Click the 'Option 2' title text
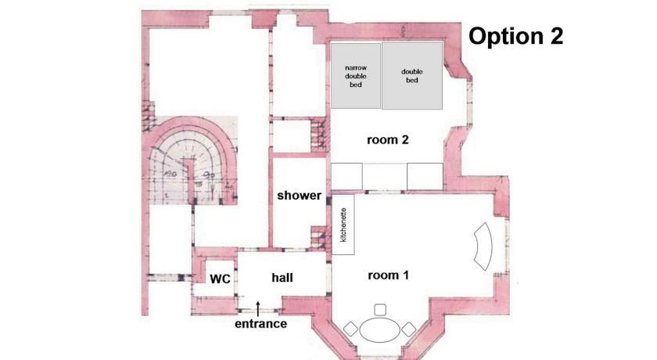click(x=515, y=36)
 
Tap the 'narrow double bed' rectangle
click(x=356, y=75)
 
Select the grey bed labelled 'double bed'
click(x=412, y=75)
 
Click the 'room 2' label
click(x=388, y=139)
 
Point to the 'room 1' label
click(x=388, y=275)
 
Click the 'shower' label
click(x=299, y=196)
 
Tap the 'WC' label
click(x=220, y=279)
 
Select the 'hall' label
click(x=282, y=278)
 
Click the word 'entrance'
click(x=260, y=323)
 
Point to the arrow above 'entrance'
click(x=257, y=308)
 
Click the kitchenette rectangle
click(x=343, y=224)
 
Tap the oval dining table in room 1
click(x=380, y=330)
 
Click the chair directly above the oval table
click(x=380, y=310)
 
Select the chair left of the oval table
click(x=350, y=329)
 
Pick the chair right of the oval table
click(x=408, y=329)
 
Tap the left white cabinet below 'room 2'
click(x=347, y=176)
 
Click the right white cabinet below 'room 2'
click(x=425, y=176)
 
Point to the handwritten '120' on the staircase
click(x=169, y=172)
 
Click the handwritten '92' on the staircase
click(x=208, y=174)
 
